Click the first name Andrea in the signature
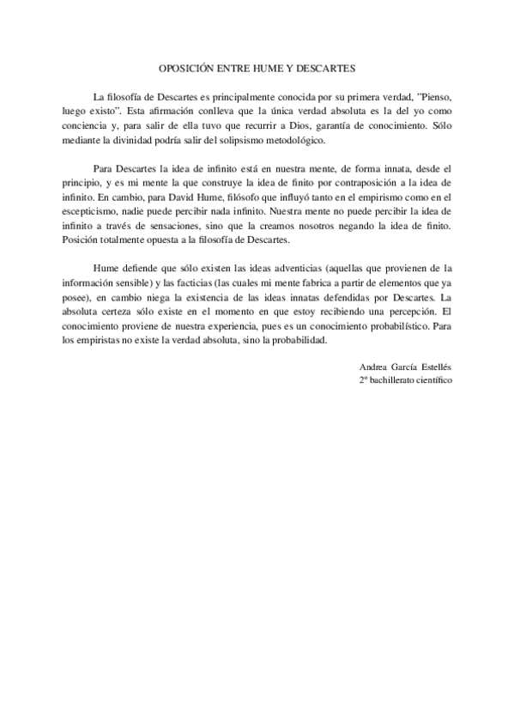376,367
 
